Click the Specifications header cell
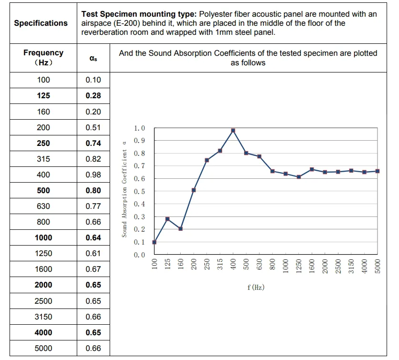click(x=41, y=23)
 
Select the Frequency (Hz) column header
click(x=43, y=57)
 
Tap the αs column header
click(x=93, y=58)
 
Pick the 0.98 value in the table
click(x=93, y=175)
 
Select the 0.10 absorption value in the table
click(x=93, y=80)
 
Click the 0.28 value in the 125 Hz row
click(x=93, y=96)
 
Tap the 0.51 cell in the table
click(x=93, y=127)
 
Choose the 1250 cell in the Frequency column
click(x=43, y=254)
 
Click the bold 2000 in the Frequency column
click(x=43, y=285)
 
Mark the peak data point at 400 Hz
click(x=233, y=131)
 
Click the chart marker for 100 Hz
click(x=154, y=242)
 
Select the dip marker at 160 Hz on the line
click(x=181, y=229)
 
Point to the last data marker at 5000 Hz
click(x=378, y=171)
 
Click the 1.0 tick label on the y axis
click(x=140, y=128)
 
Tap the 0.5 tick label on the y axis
click(x=140, y=192)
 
